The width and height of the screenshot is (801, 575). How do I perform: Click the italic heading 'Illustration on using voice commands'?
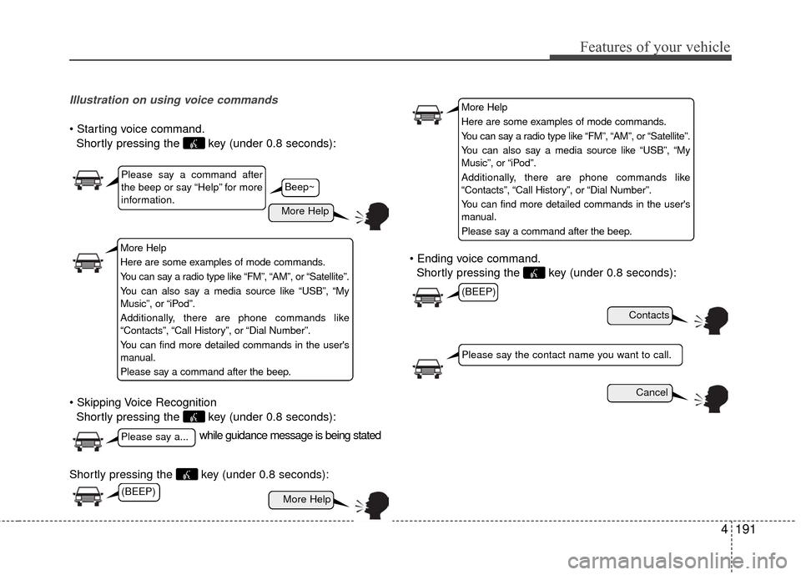coord(174,100)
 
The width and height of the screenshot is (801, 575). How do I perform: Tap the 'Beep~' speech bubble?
coord(300,187)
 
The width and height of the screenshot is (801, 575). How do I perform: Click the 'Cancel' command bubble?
coord(639,392)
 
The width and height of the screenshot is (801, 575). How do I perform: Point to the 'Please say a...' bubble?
coord(157,437)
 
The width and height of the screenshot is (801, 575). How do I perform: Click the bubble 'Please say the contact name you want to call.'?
coord(571,355)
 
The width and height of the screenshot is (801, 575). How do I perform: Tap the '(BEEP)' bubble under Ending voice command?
coord(478,291)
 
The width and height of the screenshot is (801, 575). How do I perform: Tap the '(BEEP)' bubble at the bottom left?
coord(138,492)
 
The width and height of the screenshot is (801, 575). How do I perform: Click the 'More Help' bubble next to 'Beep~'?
coord(304,212)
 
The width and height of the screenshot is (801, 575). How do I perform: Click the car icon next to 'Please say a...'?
coord(88,441)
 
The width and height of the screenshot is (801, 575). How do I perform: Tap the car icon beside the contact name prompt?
coord(428,366)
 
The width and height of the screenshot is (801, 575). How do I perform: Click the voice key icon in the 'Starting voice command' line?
coord(194,144)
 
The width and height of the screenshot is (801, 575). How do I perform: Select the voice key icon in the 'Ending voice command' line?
coord(534,273)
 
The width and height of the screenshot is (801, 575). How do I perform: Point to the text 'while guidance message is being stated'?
coord(290,436)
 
